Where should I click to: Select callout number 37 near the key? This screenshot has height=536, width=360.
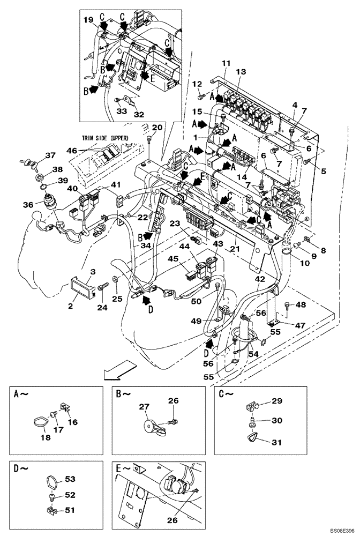(x=50, y=155)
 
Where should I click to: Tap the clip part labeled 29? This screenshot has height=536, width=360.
(x=252, y=405)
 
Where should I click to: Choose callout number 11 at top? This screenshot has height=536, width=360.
(x=224, y=64)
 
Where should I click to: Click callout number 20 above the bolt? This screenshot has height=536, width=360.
(x=157, y=127)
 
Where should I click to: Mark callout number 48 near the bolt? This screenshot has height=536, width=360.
(x=300, y=305)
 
